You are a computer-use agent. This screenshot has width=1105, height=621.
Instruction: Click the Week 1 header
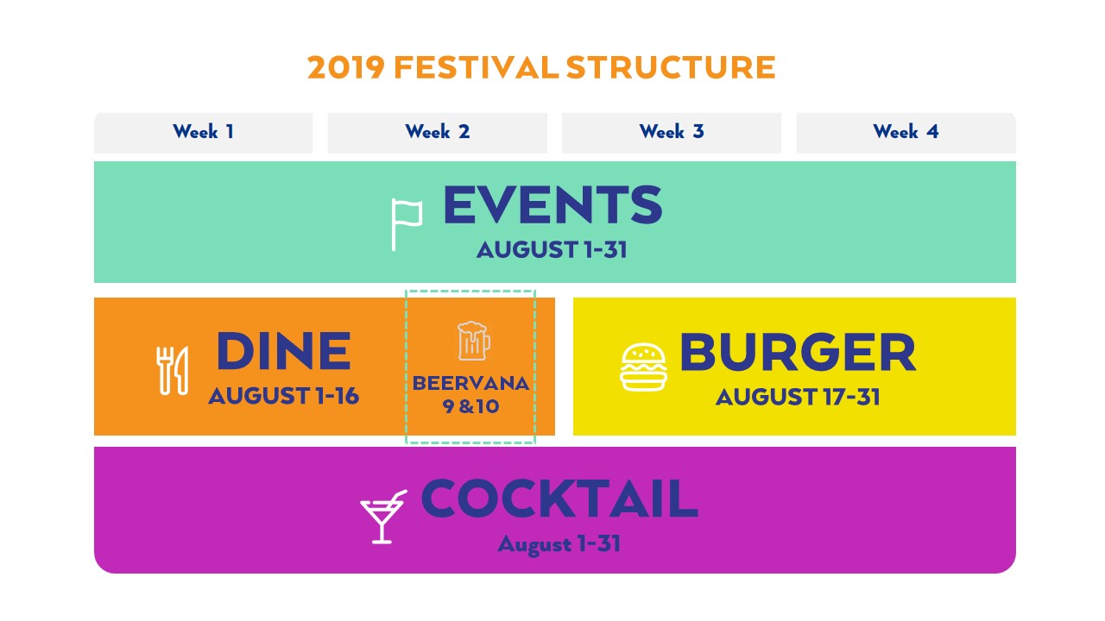point(203,133)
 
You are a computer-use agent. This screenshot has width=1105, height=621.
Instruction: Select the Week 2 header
point(438,133)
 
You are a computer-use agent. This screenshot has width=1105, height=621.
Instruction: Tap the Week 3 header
point(672,133)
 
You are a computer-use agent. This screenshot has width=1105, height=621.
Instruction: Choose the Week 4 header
point(906,133)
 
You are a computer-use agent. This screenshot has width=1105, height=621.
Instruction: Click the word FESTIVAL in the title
point(476,67)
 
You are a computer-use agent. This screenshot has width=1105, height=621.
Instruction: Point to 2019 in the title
point(346,67)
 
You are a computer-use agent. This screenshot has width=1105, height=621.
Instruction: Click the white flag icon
point(407,225)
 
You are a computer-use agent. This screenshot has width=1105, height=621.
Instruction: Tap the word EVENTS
point(552,204)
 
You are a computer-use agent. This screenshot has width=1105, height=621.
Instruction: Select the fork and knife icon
point(172,371)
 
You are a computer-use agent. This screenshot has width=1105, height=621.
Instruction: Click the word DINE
point(284,350)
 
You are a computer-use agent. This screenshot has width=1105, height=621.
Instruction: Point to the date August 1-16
point(284,396)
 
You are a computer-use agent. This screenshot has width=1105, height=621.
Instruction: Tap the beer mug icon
point(474,341)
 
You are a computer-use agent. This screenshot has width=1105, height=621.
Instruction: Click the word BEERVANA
point(470,384)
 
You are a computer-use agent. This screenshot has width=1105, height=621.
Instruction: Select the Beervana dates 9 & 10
point(470,406)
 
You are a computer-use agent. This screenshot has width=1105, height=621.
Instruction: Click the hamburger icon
point(644,367)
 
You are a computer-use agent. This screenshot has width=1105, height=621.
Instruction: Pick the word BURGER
point(798,352)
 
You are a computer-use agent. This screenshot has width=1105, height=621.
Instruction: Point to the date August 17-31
point(798,397)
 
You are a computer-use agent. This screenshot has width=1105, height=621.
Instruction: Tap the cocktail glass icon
point(383,517)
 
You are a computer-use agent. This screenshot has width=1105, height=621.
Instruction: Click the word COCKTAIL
point(559,499)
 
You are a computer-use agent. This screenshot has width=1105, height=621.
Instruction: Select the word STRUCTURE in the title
point(671,67)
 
